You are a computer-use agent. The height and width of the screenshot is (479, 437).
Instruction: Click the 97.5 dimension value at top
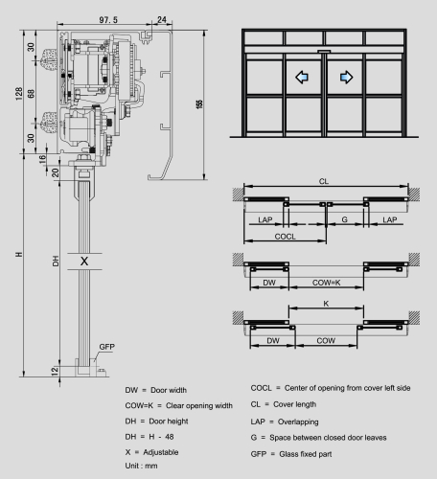[x=108, y=20]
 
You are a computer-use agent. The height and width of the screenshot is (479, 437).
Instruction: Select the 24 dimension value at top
[x=162, y=20]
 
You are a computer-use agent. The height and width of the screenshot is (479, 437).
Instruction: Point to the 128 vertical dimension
[x=19, y=94]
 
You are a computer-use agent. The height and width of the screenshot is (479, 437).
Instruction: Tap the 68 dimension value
[x=31, y=94]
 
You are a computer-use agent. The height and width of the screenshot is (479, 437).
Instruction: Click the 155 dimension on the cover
[x=199, y=104]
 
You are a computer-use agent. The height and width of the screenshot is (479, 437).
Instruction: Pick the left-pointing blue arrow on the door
[x=302, y=77]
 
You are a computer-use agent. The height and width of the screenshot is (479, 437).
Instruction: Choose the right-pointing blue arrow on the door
[x=347, y=77]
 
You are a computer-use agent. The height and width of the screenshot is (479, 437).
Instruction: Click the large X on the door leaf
[x=84, y=262]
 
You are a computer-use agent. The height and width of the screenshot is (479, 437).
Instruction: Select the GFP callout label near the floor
[x=106, y=347]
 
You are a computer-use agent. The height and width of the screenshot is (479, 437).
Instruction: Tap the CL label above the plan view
[x=324, y=181]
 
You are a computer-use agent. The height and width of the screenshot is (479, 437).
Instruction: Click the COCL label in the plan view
[x=285, y=237]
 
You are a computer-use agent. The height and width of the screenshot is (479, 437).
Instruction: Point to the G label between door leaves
[x=344, y=219]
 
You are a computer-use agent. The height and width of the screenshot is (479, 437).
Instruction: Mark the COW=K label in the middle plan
[x=326, y=283]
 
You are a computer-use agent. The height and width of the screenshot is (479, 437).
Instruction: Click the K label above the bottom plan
[x=326, y=304]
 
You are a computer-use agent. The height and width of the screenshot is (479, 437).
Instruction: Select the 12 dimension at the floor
[x=55, y=371]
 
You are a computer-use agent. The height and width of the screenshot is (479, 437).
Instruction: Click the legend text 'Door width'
[x=169, y=390]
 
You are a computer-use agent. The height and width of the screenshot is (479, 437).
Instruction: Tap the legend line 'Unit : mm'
[x=141, y=466]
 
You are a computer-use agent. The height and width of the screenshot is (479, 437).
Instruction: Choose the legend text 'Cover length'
[x=294, y=404]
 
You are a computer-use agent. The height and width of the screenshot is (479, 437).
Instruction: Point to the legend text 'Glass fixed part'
[x=306, y=454]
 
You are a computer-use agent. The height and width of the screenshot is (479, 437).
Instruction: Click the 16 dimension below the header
[x=42, y=159]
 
